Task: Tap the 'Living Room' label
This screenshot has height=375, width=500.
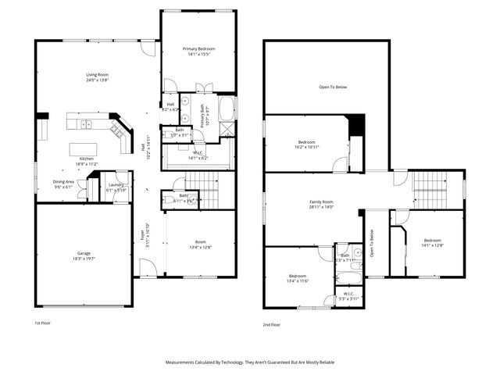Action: pyautogui.click(x=97, y=75)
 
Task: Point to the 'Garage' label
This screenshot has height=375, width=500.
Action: pyautogui.click(x=84, y=253)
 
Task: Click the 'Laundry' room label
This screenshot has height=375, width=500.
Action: pyautogui.click(x=116, y=185)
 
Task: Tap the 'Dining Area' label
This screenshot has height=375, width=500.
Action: pyautogui.click(x=64, y=181)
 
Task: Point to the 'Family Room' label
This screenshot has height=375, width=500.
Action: pyautogui.click(x=321, y=202)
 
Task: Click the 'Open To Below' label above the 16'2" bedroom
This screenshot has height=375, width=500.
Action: pyautogui.click(x=332, y=87)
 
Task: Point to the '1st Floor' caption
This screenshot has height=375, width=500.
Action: pyautogui.click(x=42, y=323)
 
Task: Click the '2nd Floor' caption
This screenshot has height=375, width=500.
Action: pyautogui.click(x=272, y=323)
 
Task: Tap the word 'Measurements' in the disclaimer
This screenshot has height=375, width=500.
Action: pyautogui.click(x=185, y=362)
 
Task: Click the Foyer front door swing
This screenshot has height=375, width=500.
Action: pyautogui.click(x=145, y=270)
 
